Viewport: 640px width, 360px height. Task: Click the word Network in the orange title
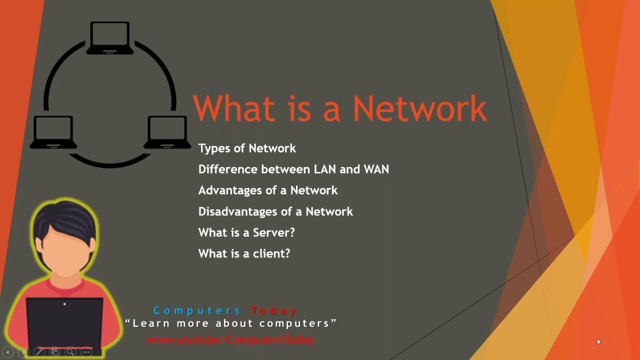[420, 108]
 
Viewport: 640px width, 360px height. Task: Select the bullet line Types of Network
[247, 148]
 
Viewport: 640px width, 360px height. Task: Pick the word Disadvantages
[238, 211]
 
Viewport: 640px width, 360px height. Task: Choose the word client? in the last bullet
[271, 253]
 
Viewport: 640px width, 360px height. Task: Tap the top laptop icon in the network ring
[110, 38]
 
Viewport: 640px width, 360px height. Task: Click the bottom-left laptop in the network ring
[53, 132]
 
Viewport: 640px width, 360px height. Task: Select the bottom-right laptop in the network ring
[167, 132]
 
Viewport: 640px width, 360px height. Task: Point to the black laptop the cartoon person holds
[64, 322]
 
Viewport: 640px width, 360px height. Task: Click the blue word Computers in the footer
[197, 311]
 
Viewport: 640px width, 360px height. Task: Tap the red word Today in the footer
[273, 311]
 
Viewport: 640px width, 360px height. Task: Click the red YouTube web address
[230, 340]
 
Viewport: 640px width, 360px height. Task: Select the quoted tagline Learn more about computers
[231, 323]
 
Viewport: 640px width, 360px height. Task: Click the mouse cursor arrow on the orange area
[598, 342]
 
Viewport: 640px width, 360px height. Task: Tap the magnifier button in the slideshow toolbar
[70, 352]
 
